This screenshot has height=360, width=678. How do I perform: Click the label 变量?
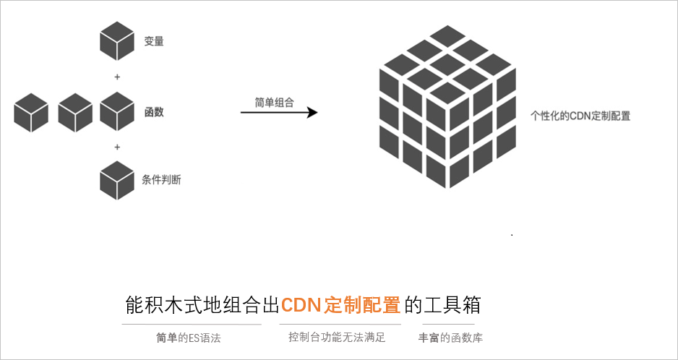[154, 42]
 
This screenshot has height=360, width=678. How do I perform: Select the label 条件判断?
[163, 180]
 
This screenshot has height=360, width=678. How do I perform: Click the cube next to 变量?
[117, 40]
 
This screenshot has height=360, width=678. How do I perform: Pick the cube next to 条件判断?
[117, 180]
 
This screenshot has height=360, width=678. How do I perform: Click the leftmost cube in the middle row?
[31, 113]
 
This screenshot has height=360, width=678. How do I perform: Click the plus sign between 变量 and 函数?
[117, 77]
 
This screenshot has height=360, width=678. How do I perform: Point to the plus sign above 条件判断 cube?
[117, 147]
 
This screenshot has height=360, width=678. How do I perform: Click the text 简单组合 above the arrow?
[274, 103]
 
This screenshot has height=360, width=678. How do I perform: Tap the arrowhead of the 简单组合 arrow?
[312, 113]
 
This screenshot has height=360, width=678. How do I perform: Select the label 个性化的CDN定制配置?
[580, 115]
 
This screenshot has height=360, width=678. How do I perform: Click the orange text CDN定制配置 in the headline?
[340, 305]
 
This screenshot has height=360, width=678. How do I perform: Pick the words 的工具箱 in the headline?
[442, 305]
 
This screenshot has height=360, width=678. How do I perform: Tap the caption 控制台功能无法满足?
[337, 337]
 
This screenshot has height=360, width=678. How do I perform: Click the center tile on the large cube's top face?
[448, 63]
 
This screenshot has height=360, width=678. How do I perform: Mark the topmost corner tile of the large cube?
[448, 33]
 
